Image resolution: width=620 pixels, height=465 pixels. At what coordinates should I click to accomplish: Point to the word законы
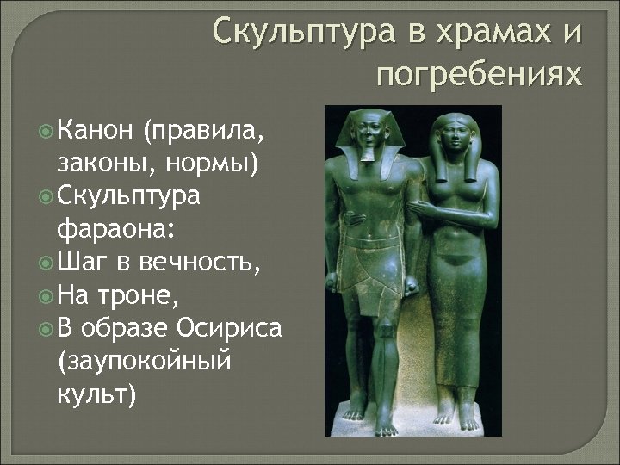pyautogui.click(x=102, y=163)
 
